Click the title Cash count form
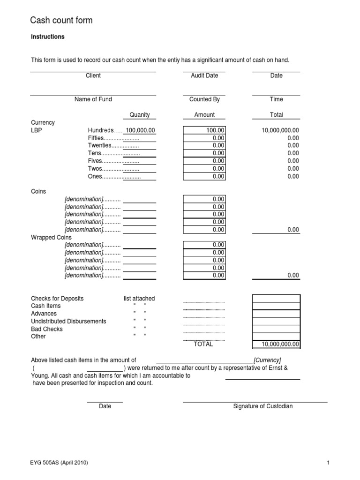click(61, 20)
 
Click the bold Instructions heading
click(48, 37)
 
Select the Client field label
click(93, 75)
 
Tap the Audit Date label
click(204, 75)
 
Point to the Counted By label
click(204, 99)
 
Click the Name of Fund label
click(93, 99)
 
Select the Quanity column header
click(140, 115)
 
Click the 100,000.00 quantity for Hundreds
click(140, 130)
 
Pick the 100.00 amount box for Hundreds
click(204, 130)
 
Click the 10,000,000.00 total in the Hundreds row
click(280, 130)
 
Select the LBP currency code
click(36, 130)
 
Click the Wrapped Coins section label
click(51, 238)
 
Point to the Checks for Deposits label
click(57, 299)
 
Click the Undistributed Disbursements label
click(68, 322)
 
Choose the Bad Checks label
click(47, 329)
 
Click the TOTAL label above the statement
click(203, 344)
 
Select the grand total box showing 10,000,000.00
click(276, 345)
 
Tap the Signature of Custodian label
click(262, 406)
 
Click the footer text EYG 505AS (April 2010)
click(59, 463)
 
